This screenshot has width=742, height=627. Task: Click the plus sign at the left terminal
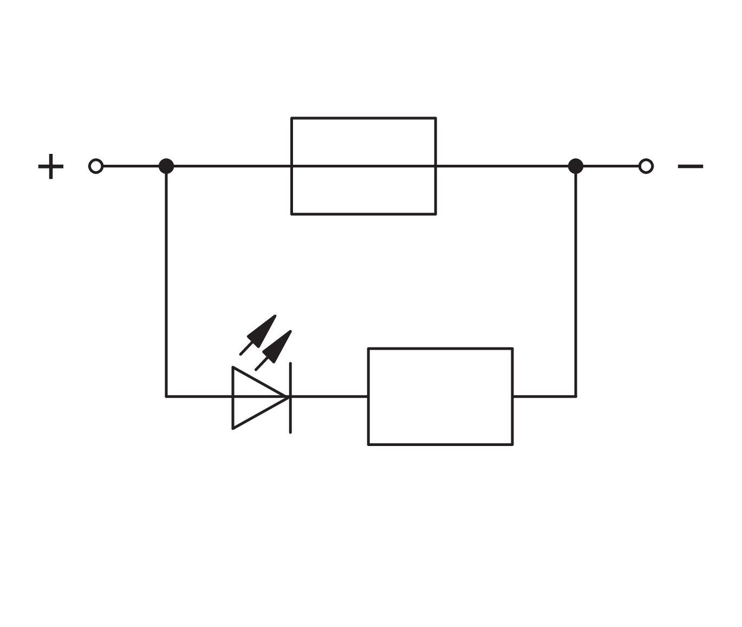coord(50,166)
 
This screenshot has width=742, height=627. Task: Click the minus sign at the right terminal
coord(690,166)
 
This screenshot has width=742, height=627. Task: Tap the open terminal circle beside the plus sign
coord(96,166)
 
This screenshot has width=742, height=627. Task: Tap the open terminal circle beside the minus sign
coord(646,166)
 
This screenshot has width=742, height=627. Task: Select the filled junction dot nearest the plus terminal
coord(166,166)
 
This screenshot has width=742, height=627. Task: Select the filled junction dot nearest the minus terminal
coord(575,166)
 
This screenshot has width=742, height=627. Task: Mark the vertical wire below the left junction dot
coord(166,282)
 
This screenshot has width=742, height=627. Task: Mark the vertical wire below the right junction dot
coord(575,282)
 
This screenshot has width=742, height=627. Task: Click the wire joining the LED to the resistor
coord(329,397)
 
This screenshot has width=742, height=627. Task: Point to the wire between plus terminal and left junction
coord(130,166)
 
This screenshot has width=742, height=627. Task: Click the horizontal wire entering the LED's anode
coord(199,397)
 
